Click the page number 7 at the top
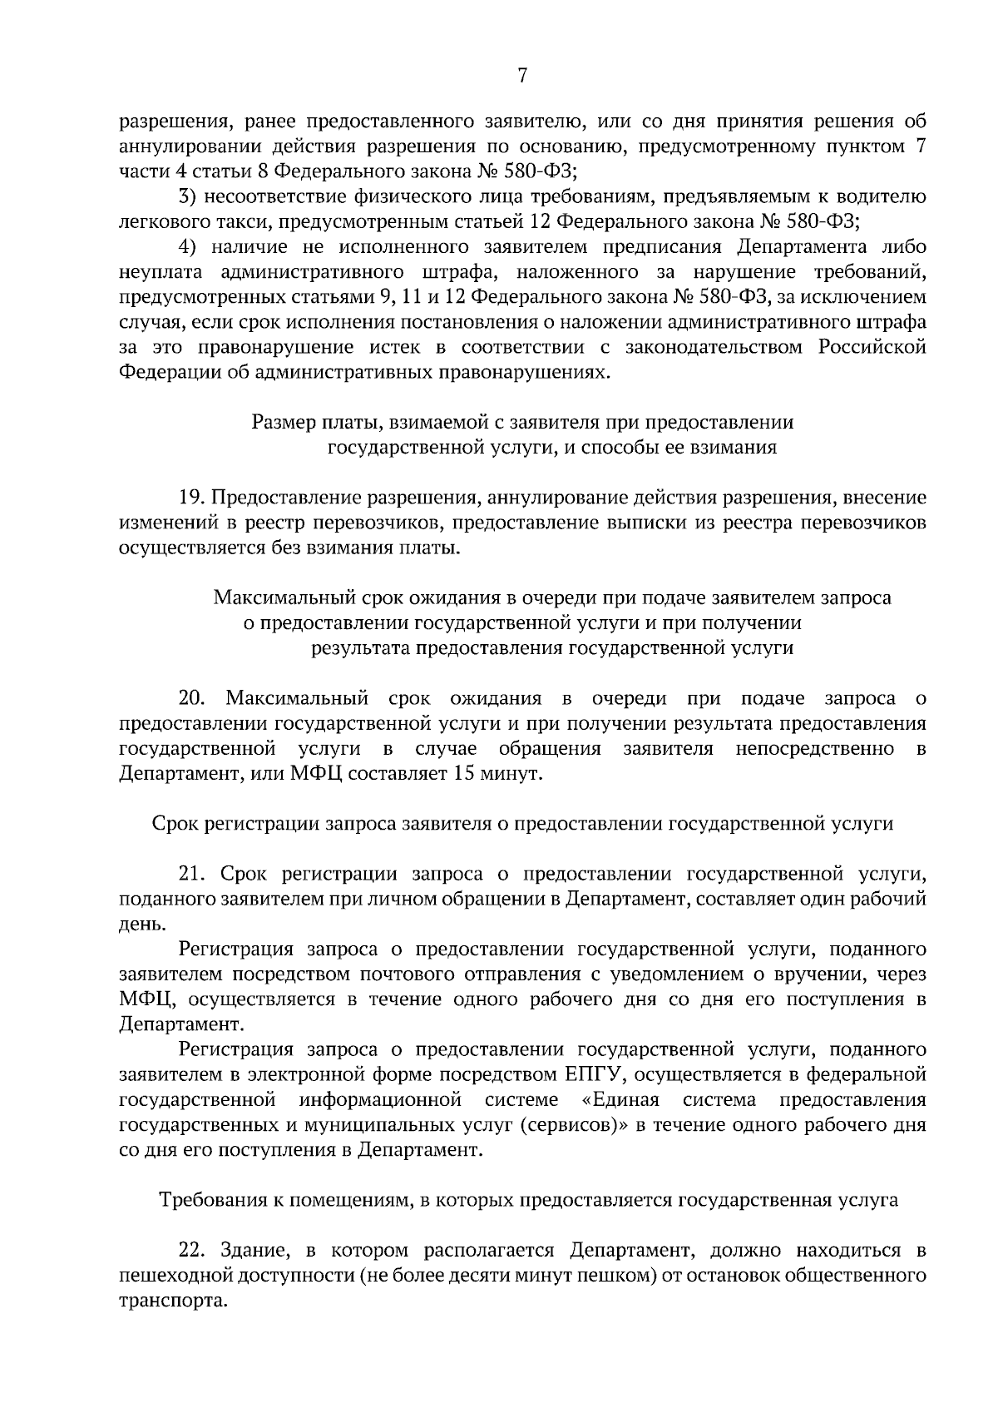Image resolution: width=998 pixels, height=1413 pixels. pyautogui.click(x=522, y=76)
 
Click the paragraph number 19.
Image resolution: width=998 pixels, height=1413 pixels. pyautogui.click(x=192, y=498)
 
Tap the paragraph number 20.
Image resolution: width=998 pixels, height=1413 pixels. pyautogui.click(x=192, y=698)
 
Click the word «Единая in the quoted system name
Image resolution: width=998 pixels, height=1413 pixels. pyautogui.click(x=620, y=1100)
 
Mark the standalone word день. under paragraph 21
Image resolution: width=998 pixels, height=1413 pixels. pyautogui.click(x=136, y=925)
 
